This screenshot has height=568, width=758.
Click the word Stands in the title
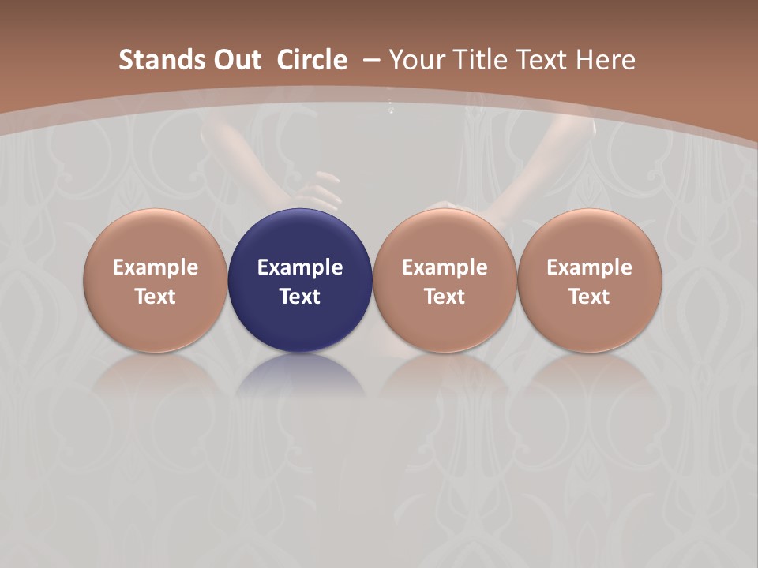coord(152,60)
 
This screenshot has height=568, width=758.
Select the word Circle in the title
coord(312,60)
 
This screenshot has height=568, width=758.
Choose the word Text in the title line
coord(545,60)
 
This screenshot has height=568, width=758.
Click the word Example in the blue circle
coord(300,267)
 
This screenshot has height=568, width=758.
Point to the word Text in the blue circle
coord(300,297)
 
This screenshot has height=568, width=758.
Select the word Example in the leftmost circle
coord(156,267)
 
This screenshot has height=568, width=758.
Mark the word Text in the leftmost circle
coord(156,297)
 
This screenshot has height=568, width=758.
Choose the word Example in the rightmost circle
coord(589,267)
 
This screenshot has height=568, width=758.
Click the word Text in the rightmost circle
coord(589,297)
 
